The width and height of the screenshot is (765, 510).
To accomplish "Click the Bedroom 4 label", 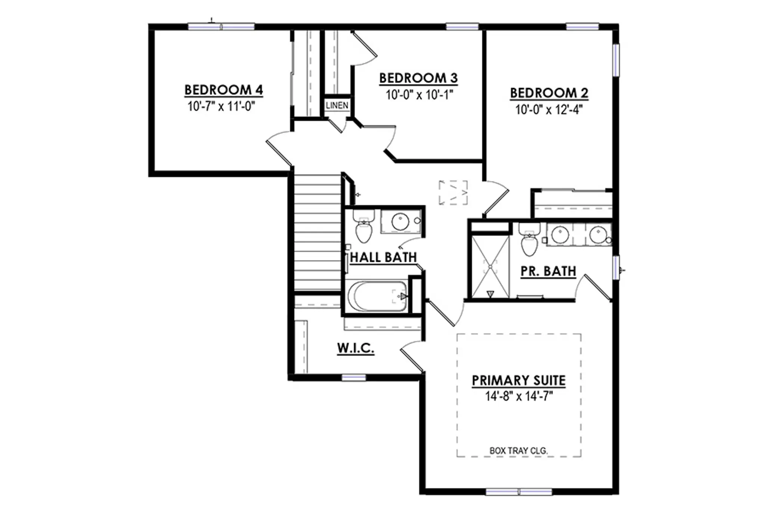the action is coord(224,90).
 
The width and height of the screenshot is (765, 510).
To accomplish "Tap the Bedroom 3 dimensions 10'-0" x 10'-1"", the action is coord(419,95).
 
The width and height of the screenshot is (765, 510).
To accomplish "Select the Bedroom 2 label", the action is coord(549,93).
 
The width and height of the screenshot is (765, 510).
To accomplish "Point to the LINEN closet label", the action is coord(337,105).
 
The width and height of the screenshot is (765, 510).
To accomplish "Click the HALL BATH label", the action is coord(383,257).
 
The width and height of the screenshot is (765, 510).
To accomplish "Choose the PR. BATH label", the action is coord(548,271).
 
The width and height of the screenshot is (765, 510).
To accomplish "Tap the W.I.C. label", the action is coord(356,348).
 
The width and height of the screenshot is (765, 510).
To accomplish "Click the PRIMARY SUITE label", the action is coord(519,380).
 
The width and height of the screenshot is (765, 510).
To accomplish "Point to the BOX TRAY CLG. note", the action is coord(518,451).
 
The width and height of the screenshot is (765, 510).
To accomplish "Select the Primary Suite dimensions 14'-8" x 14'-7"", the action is coord(519,396).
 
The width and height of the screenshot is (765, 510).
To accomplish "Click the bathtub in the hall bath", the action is coord(377,297).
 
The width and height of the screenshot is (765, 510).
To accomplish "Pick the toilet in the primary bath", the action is coord(529,239).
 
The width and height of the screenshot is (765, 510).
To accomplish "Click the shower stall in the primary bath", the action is coord(490,266).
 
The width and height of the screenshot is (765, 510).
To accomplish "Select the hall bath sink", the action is coord(400,222).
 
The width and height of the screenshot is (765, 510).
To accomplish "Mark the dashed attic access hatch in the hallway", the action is coord(453,192).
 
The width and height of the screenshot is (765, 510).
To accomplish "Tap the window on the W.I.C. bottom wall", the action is coord(354,378).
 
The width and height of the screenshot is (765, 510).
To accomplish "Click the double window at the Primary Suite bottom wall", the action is coord(519,492).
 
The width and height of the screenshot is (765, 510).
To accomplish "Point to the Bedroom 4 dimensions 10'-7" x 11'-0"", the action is coord(221,106).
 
